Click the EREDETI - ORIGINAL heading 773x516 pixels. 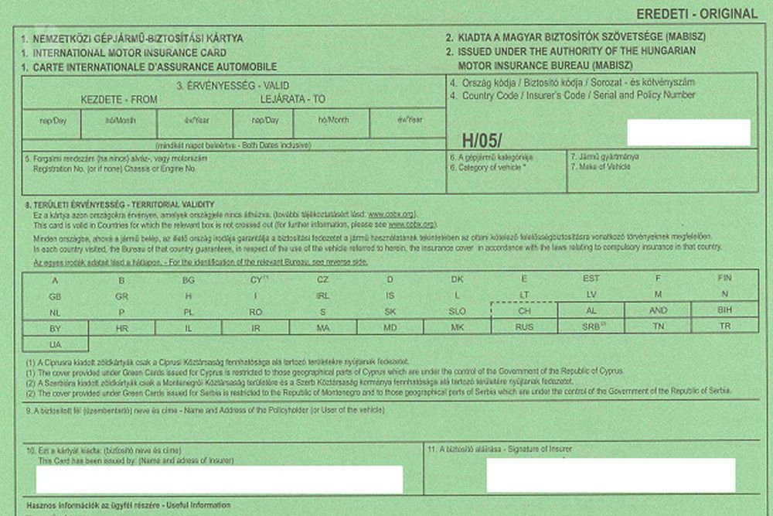point(696,13)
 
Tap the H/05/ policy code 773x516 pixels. point(482,140)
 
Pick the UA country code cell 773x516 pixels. point(55,343)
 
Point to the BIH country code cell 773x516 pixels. point(724,310)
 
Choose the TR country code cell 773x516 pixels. point(724,326)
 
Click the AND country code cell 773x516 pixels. point(658,310)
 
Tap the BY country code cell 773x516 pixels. point(55,327)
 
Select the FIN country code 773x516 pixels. point(724,278)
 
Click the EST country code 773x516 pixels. point(591,278)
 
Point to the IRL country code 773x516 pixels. point(323,295)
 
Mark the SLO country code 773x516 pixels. point(457,311)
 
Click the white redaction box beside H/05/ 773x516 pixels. point(689,132)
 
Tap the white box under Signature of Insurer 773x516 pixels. point(611,475)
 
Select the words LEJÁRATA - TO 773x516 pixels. point(293,100)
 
